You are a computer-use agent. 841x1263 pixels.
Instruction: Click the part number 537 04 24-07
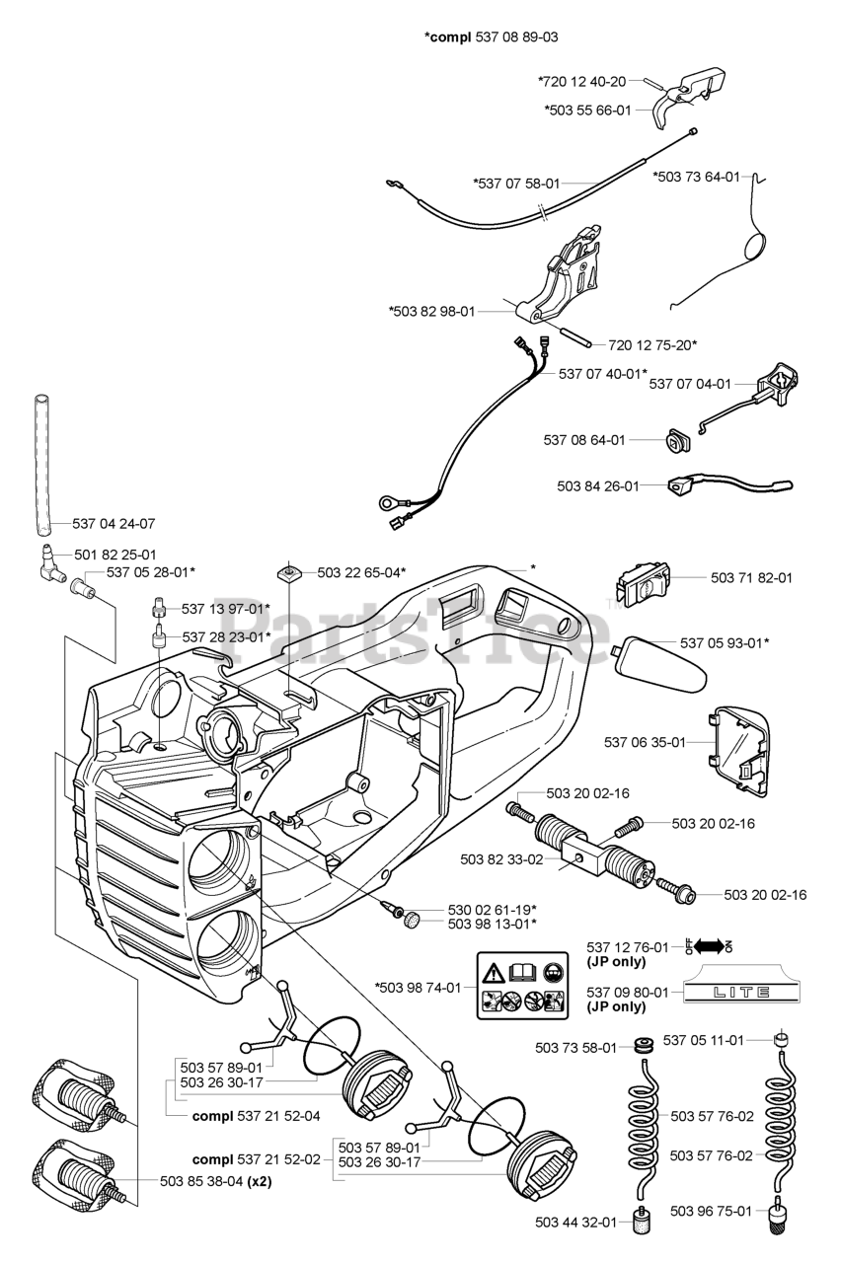click(115, 523)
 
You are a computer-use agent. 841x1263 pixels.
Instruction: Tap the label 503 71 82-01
click(751, 577)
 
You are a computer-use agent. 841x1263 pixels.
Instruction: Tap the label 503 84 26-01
click(598, 485)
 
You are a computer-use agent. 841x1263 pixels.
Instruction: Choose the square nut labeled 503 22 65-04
click(290, 571)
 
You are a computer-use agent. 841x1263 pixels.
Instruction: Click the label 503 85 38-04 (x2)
click(216, 1181)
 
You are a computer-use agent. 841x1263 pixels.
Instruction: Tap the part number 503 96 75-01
click(711, 1211)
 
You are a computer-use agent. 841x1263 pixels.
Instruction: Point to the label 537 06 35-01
click(645, 742)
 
